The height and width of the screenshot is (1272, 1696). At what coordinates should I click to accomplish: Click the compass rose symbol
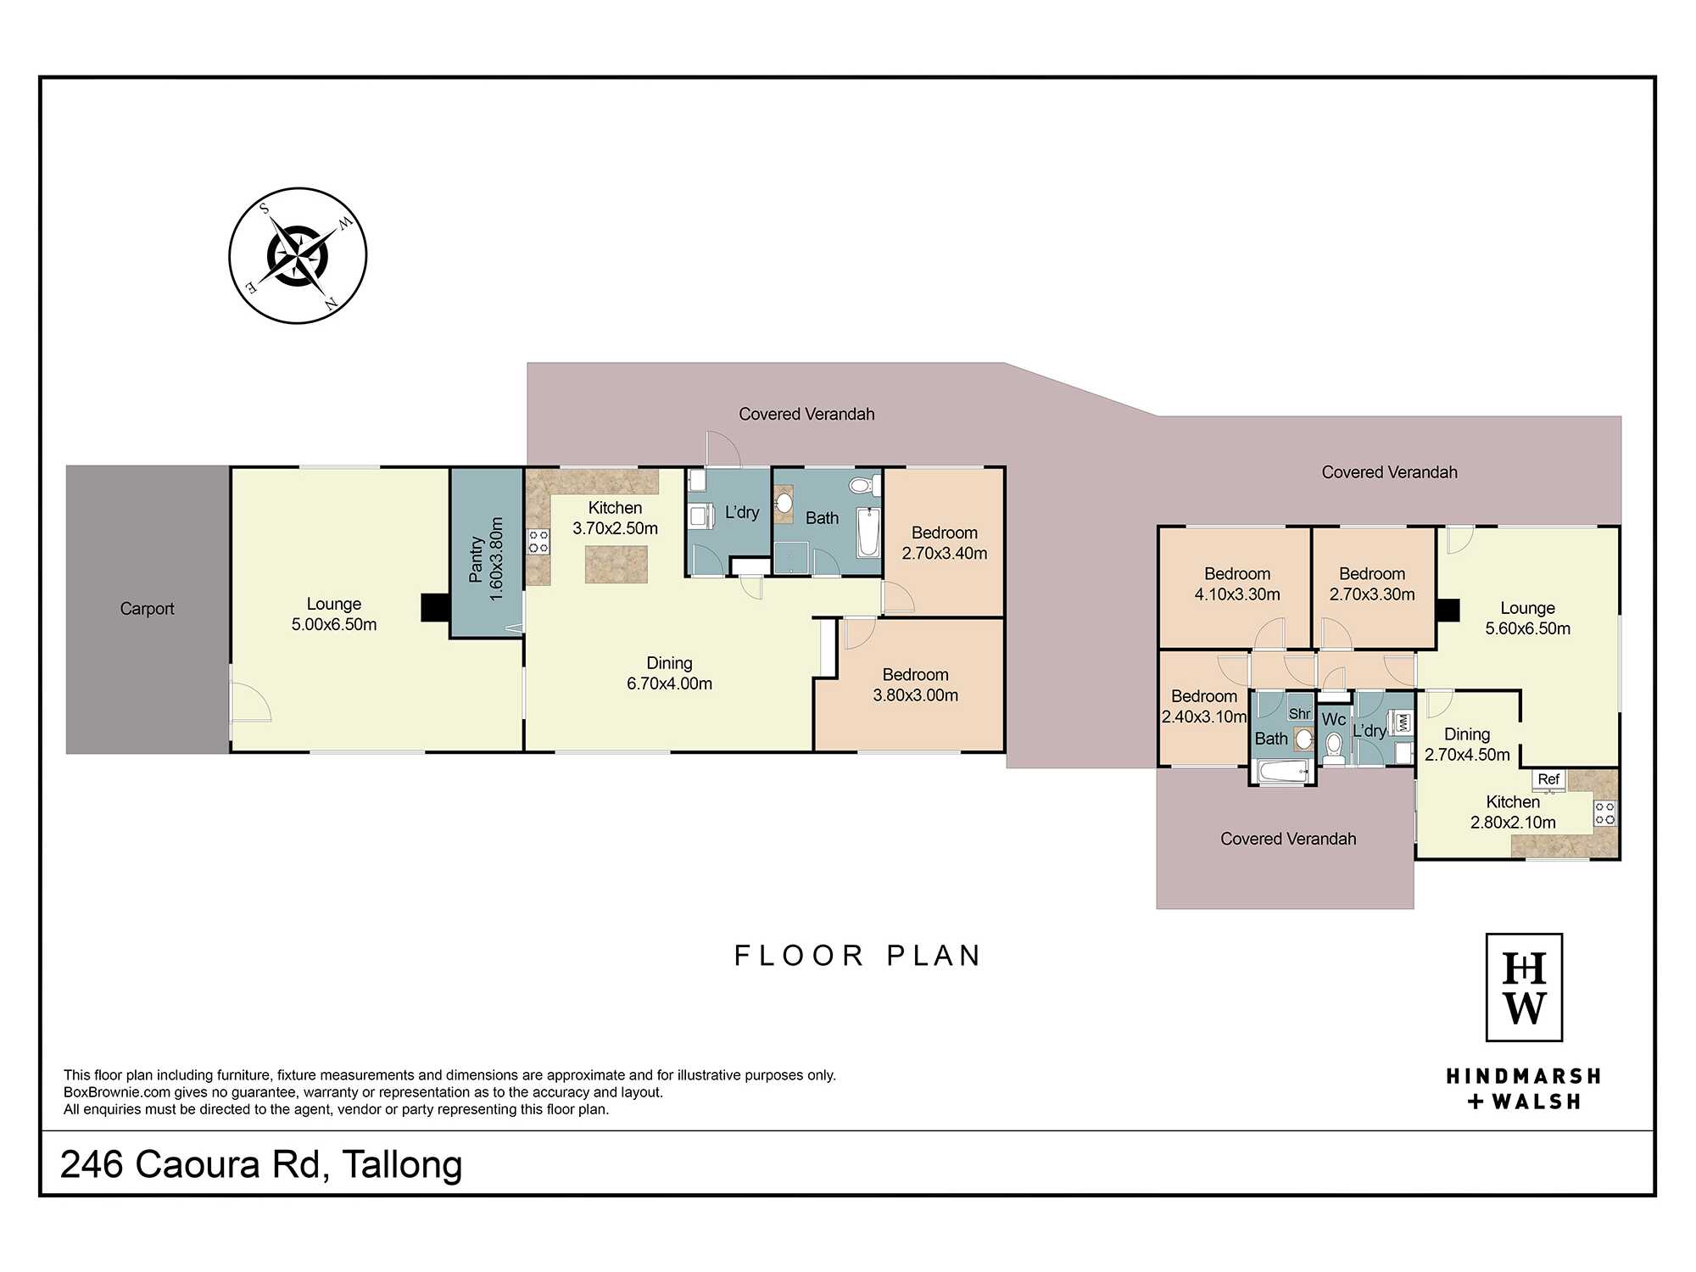pyautogui.click(x=298, y=255)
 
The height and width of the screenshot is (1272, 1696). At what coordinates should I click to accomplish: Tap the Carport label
pyautogui.click(x=147, y=609)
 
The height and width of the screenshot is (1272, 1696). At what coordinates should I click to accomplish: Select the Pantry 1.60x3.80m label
pyautogui.click(x=486, y=560)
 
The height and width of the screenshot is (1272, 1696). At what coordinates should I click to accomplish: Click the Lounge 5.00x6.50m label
pyautogui.click(x=334, y=614)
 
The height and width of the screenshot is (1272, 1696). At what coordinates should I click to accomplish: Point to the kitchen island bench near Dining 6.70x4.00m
pyautogui.click(x=616, y=565)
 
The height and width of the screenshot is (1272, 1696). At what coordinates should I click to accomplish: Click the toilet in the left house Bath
pyautogui.click(x=862, y=486)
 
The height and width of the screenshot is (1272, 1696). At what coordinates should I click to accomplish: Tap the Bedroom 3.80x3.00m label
pyautogui.click(x=916, y=685)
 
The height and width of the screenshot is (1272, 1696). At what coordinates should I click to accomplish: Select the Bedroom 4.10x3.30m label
pyautogui.click(x=1237, y=584)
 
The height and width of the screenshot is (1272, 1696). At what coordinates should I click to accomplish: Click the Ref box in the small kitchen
pyautogui.click(x=1548, y=780)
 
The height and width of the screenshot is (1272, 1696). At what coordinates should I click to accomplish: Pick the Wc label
pyautogui.click(x=1334, y=719)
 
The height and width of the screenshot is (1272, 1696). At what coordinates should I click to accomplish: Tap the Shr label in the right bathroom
pyautogui.click(x=1300, y=714)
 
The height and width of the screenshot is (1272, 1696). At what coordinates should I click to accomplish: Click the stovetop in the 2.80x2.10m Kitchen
pyautogui.click(x=1604, y=813)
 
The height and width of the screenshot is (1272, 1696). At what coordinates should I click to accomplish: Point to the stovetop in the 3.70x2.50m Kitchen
pyautogui.click(x=538, y=541)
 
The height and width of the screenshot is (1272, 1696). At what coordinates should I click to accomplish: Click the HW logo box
pyautogui.click(x=1524, y=987)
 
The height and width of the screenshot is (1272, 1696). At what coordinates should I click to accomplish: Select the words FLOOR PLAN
pyautogui.click(x=857, y=956)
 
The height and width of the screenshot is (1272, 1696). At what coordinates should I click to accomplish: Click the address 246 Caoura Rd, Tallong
pyautogui.click(x=261, y=1165)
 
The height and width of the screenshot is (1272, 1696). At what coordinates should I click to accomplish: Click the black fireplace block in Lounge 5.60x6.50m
pyautogui.click(x=1448, y=611)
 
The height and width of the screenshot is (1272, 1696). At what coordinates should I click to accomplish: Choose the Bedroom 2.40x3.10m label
pyautogui.click(x=1204, y=706)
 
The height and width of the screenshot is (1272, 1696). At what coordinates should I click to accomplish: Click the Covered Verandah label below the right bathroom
pyautogui.click(x=1288, y=839)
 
